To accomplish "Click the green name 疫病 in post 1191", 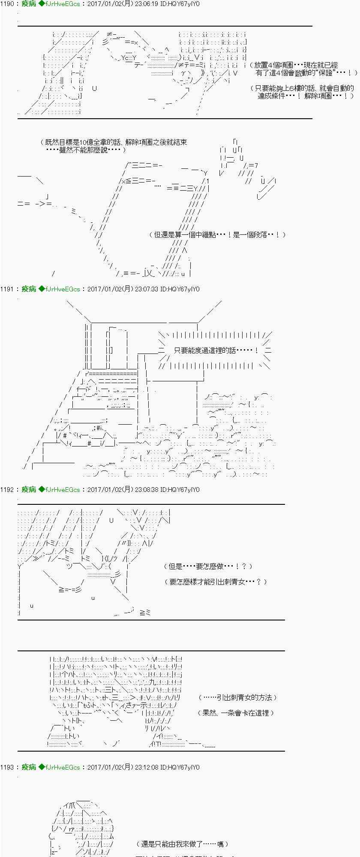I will coord(29,289).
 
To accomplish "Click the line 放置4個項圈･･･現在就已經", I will coord(296,65).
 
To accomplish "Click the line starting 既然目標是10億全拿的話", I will coord(114,142).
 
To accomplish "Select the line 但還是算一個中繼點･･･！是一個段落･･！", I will coord(217,235).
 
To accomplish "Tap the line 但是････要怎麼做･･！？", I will coord(208,566).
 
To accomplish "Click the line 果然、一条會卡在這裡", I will coord(236,713).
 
